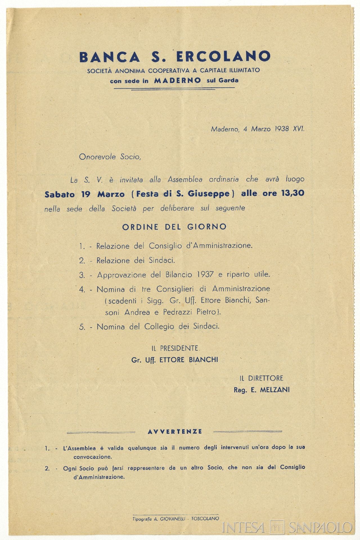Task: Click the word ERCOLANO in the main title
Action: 223,57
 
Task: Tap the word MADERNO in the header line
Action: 177,80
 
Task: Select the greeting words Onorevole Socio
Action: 110,157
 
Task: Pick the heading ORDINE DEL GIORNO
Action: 174,227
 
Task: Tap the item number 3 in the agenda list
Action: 82,275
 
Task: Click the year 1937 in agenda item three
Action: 205,274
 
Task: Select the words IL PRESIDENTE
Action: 175,348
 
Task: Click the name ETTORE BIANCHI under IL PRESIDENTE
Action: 189,360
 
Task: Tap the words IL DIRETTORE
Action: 261,378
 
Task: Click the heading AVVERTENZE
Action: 175,431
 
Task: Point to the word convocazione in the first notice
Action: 93,457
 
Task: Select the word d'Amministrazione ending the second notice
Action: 99,477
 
